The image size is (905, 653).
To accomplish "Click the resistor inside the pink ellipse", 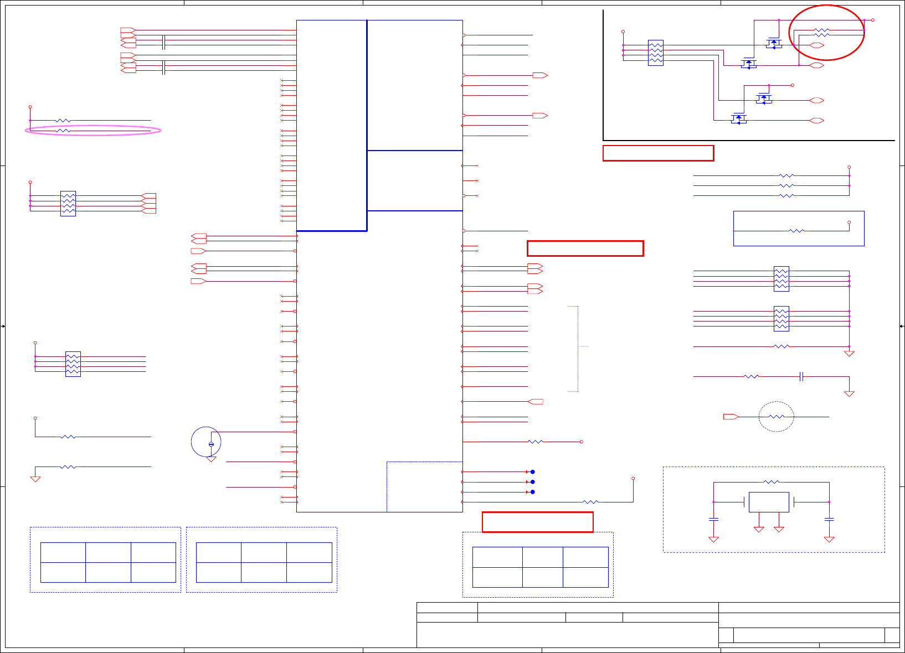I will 63,131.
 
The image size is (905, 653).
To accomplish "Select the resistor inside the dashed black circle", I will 777,417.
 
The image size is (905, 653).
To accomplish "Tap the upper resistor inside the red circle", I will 822,30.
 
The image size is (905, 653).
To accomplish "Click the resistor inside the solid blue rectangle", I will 796,231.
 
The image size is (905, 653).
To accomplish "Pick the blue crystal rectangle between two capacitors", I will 769,502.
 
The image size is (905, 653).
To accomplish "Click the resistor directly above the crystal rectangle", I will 771,482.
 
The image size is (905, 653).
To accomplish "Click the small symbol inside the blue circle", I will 211,444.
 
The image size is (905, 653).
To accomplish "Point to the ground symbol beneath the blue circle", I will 211,459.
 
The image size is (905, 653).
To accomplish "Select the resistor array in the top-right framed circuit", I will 656,53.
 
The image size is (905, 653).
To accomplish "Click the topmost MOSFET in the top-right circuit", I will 774,43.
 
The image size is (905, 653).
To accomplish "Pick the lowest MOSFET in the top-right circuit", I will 739,118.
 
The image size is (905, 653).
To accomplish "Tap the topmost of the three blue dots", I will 533,472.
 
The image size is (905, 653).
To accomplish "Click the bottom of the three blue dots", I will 533,492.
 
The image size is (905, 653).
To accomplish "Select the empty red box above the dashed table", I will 538,522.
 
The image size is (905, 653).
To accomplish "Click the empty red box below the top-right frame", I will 658,153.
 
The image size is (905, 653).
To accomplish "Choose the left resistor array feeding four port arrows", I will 68,204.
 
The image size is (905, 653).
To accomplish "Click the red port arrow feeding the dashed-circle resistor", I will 731,417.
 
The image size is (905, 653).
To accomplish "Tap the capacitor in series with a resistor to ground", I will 801,376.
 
